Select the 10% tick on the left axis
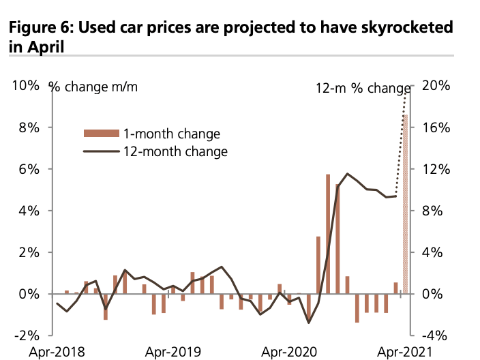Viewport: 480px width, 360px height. (25, 86)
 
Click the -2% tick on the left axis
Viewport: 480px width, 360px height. (26, 335)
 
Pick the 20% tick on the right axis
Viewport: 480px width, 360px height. (435, 86)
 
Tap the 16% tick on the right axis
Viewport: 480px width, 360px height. (435, 127)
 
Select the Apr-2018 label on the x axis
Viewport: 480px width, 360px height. (57, 352)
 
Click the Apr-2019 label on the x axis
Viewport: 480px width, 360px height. (173, 352)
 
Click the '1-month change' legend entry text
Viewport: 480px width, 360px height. (172, 133)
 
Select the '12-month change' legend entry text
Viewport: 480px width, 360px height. (175, 151)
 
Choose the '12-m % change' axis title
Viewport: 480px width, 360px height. (362, 89)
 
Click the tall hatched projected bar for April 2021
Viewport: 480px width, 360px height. (406, 205)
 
